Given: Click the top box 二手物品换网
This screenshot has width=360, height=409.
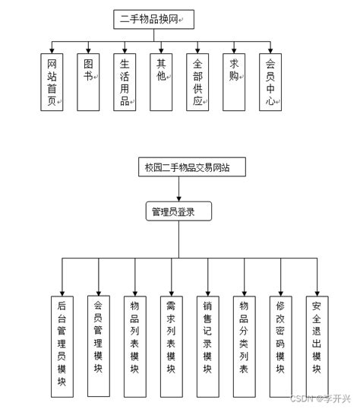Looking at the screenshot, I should pyautogui.click(x=150, y=19).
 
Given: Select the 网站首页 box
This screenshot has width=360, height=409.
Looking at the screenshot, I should pyautogui.click(x=52, y=82).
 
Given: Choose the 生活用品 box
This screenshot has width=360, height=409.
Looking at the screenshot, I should pyautogui.click(x=125, y=82).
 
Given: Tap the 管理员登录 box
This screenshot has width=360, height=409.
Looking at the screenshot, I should pyautogui.click(x=178, y=211).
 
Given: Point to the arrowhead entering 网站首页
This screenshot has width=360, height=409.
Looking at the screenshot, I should pyautogui.click(x=52, y=51).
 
